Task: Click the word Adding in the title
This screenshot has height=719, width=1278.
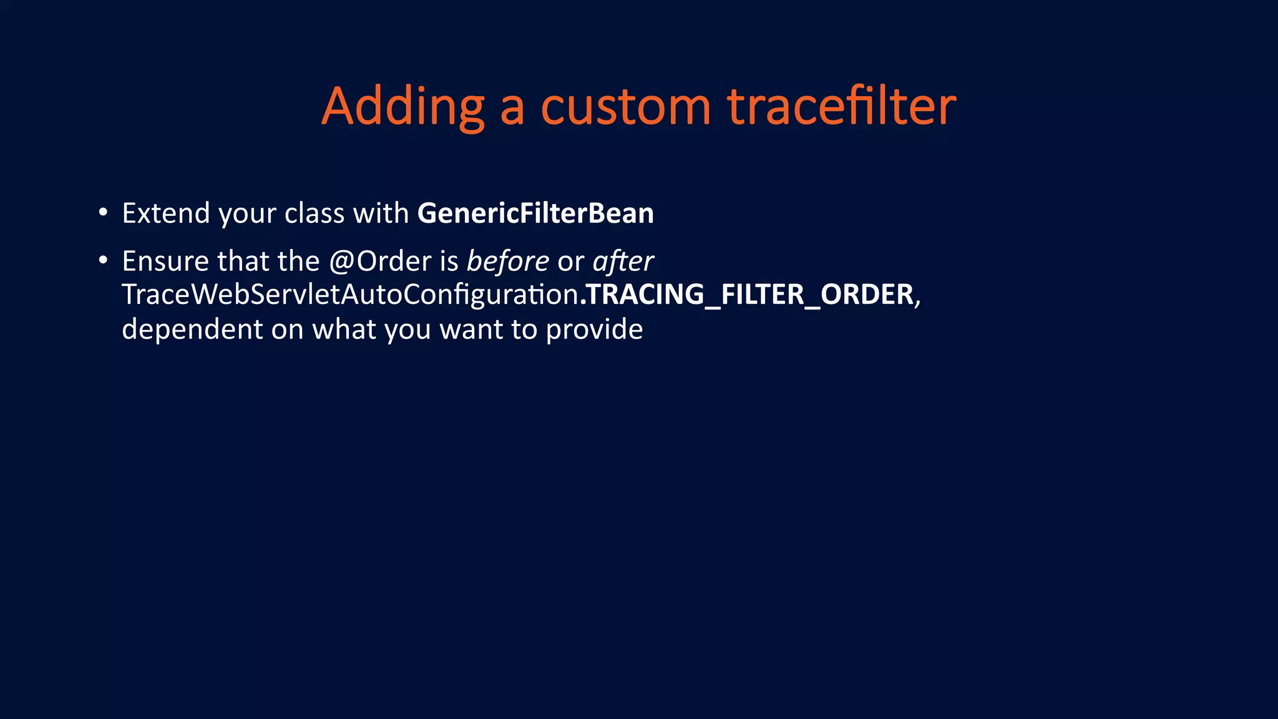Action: [402, 107]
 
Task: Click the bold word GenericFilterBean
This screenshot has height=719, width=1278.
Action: [535, 213]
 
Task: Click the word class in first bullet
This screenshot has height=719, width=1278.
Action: [315, 213]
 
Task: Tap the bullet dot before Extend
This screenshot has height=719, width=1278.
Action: [103, 212]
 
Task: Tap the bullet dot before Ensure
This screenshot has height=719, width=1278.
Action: [103, 260]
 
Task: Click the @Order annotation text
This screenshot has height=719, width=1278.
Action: [380, 261]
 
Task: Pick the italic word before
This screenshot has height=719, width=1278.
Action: [508, 261]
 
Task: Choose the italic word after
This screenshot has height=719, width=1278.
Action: [623, 261]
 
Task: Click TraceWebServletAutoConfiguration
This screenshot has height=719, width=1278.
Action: [349, 295]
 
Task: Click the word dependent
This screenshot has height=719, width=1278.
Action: [192, 329]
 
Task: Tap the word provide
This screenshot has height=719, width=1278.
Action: [594, 329]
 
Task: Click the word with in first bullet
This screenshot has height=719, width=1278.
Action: [381, 213]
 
